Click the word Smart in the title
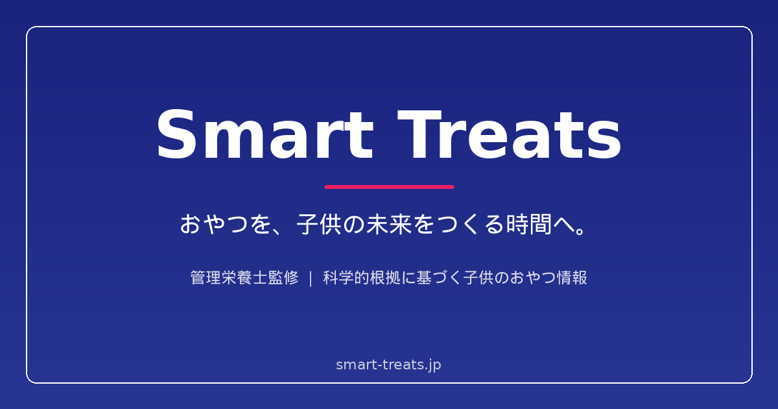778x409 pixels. tap(265, 134)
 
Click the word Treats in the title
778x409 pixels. tap(509, 134)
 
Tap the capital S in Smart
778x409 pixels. tap(176, 134)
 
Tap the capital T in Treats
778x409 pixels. tap(419, 134)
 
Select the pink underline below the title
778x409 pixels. tap(390, 187)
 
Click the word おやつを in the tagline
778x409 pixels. tap(226, 225)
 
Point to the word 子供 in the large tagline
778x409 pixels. tap(319, 225)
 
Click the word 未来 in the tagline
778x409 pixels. tap(390, 225)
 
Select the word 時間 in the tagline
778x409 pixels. tap(529, 225)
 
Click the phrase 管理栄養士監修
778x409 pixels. tap(244, 278)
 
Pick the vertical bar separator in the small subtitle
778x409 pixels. tap(311, 279)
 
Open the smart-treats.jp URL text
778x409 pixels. tap(388, 365)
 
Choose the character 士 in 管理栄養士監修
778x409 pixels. tap(260, 278)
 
